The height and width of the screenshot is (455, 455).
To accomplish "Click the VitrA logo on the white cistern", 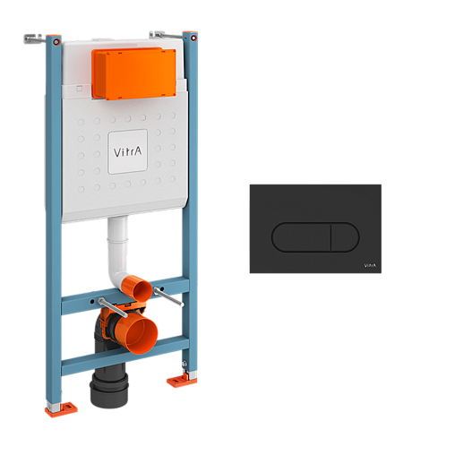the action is point(127,152).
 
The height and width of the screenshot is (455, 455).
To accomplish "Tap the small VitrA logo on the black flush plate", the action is point(370,265).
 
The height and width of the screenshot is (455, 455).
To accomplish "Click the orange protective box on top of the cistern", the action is point(134,73).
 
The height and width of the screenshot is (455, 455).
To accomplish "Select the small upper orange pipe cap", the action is point(142,288).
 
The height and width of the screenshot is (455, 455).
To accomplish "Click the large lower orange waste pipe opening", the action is point(142,334).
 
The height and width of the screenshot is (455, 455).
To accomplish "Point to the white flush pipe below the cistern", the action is point(118,251).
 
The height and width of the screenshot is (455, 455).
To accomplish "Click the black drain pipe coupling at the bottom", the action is point(109,389).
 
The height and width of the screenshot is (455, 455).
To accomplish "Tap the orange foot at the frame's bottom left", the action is point(61,408).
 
